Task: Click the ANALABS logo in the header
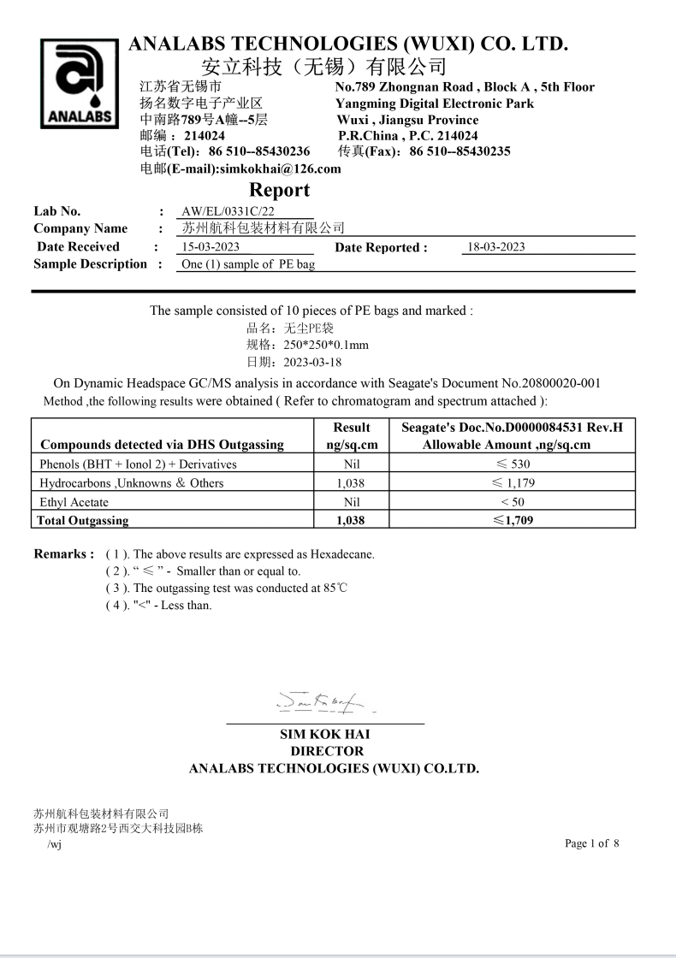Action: (79, 84)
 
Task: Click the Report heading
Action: (279, 190)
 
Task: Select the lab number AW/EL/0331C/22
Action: (228, 211)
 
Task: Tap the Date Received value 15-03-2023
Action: (211, 247)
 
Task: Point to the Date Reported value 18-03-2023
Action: (495, 247)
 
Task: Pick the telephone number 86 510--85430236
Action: (259, 151)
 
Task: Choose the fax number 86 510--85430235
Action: (460, 151)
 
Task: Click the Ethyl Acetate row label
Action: (74, 502)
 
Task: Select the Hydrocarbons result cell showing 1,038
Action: (351, 483)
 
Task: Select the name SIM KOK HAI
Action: (325, 734)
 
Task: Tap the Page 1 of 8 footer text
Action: (591, 843)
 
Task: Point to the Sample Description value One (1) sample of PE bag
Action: (248, 264)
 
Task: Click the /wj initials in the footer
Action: (54, 844)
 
